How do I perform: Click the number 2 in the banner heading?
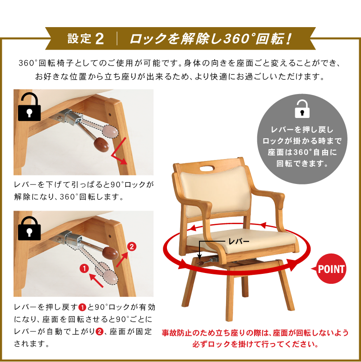point(100,38)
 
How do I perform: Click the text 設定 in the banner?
point(79,38)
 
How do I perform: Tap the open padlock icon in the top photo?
point(30,107)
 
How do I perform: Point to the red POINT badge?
point(331,269)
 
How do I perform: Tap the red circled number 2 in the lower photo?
point(131,247)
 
